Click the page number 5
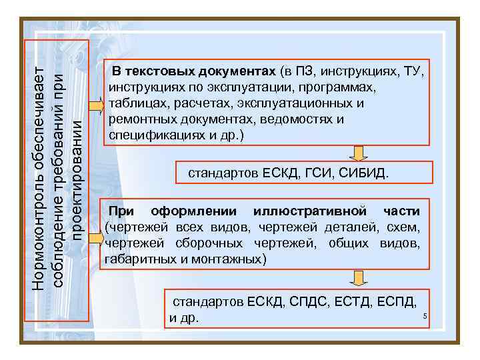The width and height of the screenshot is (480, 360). pos(424,315)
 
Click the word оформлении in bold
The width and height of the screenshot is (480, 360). pos(193,211)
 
